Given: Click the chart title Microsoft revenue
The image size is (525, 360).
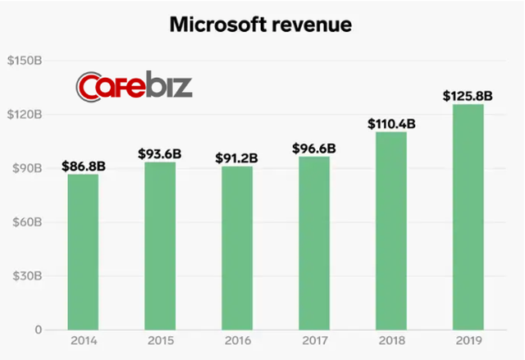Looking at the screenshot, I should point(260,25).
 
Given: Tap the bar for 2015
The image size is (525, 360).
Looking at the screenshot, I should point(159,246).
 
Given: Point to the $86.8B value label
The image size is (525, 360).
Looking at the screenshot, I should point(82,166).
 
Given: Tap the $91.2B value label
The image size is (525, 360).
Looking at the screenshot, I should point(236,158).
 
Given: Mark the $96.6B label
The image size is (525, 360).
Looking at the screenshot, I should point(313,148).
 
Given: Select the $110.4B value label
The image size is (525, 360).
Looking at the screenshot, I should point(390,124).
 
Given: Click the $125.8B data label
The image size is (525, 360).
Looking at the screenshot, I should point(468,96).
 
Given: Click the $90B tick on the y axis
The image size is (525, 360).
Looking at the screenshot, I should point(31,168).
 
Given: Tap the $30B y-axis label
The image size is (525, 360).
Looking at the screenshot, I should point(31,276).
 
